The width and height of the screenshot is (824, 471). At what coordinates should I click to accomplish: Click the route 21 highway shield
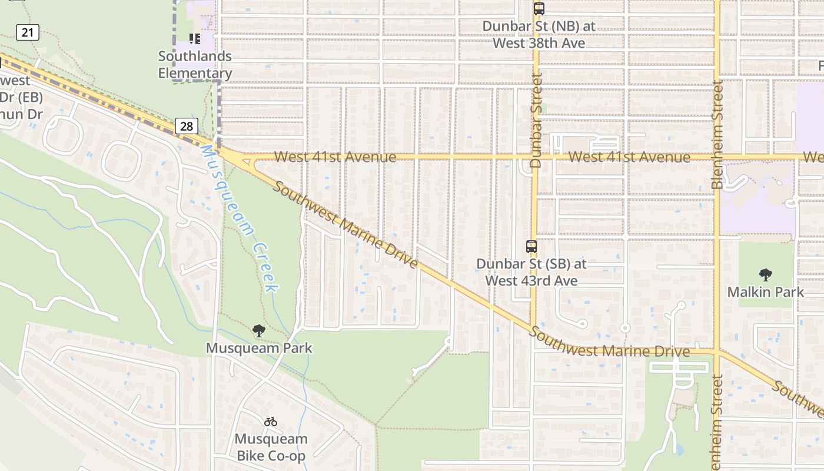click(28, 32)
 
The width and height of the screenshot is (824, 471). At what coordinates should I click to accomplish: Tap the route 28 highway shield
click(187, 126)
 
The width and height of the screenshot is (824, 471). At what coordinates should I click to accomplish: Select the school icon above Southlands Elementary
click(195, 39)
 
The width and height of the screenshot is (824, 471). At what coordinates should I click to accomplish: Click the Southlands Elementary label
click(195, 65)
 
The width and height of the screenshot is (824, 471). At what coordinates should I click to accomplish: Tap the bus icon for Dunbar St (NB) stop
click(539, 9)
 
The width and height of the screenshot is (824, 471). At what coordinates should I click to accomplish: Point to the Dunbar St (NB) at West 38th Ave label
click(539, 35)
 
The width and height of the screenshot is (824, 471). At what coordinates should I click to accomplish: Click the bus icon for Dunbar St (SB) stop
click(531, 247)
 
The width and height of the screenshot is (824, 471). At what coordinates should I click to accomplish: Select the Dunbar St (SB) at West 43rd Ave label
click(531, 272)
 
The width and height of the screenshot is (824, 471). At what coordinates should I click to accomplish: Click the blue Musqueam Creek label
click(239, 218)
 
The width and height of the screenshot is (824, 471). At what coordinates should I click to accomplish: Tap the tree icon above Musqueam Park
click(258, 331)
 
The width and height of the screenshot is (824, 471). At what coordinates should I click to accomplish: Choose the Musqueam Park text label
click(259, 348)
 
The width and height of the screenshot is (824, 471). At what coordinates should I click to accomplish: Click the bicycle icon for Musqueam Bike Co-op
click(271, 422)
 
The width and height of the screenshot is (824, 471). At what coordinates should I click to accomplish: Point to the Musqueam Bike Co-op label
click(271, 447)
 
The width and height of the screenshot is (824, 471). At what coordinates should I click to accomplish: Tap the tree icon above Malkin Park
click(765, 274)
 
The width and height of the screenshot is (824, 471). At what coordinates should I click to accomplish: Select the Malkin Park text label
click(765, 292)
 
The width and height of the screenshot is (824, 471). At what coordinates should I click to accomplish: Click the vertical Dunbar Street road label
click(535, 120)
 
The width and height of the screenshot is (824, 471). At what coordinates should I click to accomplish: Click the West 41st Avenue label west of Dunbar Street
click(335, 157)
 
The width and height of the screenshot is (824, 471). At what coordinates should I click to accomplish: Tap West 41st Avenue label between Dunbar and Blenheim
click(630, 157)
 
